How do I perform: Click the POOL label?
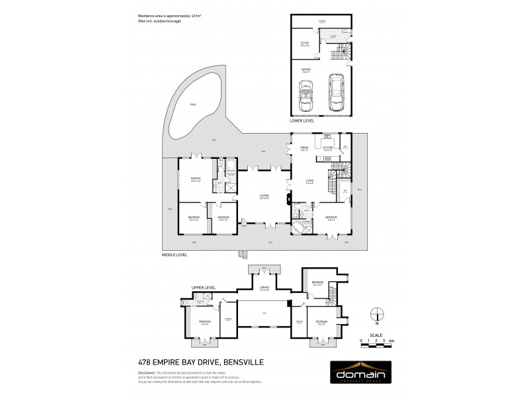192,105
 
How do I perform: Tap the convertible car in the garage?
306,96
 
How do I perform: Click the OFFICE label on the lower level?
305,44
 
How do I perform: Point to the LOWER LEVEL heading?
302,121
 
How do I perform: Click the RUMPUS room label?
196,179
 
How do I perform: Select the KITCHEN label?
327,149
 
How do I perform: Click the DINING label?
304,149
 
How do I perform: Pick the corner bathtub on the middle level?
301,229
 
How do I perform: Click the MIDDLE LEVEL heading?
175,253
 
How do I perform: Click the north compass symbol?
376,314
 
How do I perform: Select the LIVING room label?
309,180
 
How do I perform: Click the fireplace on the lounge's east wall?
286,197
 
